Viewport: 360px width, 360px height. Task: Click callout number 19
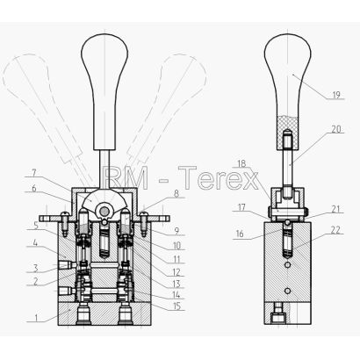pyautogui.click(x=336, y=95)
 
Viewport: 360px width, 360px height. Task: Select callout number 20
pyautogui.click(x=336, y=129)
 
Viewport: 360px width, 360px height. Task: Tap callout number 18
pyautogui.click(x=241, y=163)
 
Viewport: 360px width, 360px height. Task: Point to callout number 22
pyautogui.click(x=336, y=230)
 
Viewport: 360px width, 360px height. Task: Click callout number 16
pyautogui.click(x=240, y=234)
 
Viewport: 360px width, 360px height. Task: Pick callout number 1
pyautogui.click(x=36, y=318)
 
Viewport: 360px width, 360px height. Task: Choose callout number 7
pyautogui.click(x=34, y=173)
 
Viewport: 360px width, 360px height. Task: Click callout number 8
pyautogui.click(x=176, y=194)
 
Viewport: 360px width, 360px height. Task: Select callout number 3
pyautogui.click(x=35, y=268)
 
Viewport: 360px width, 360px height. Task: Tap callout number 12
pyautogui.click(x=176, y=272)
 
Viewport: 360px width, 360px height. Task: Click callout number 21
pyautogui.click(x=335, y=209)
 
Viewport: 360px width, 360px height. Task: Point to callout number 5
pyautogui.click(x=36, y=226)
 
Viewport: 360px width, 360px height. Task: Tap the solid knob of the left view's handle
pyautogui.click(x=104, y=90)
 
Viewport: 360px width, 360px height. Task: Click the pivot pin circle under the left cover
pyautogui.click(x=104, y=211)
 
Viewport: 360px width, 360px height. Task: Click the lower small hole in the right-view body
pyautogui.click(x=288, y=291)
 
